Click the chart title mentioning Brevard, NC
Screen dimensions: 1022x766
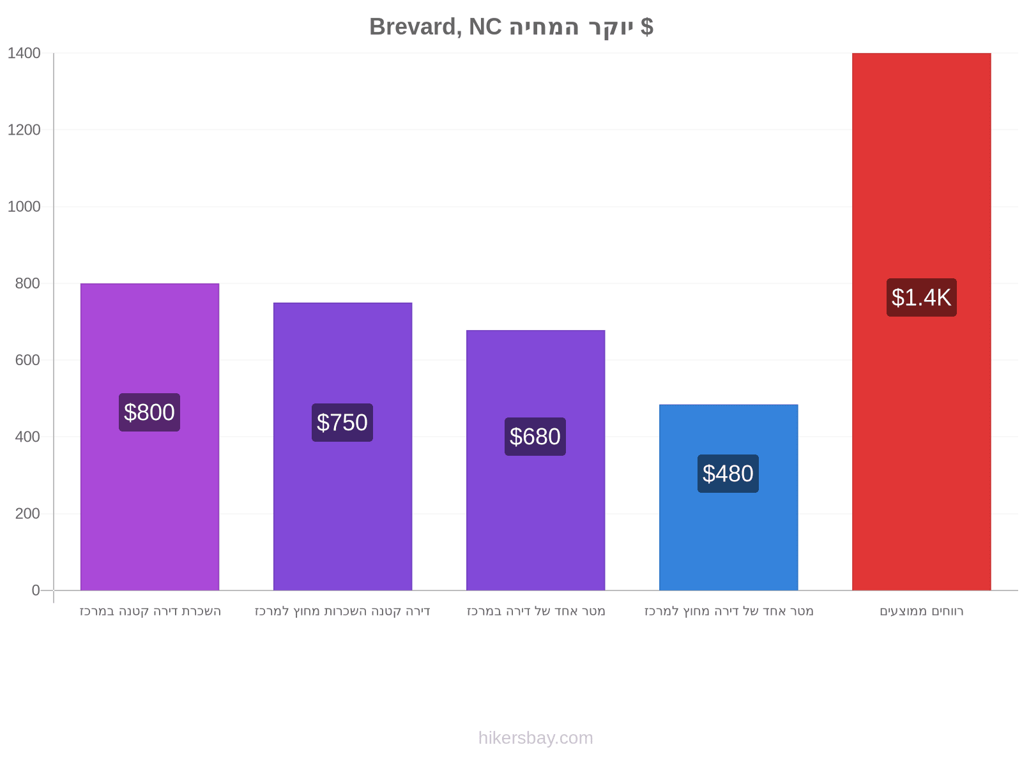pyautogui.click(x=511, y=27)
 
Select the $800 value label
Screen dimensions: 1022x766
pyautogui.click(x=149, y=412)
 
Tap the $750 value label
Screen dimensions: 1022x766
pyautogui.click(x=342, y=423)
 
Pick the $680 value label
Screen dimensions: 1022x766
pyautogui.click(x=535, y=436)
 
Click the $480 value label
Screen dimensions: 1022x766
pyautogui.click(x=728, y=474)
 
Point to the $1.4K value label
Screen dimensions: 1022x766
pyautogui.click(x=921, y=297)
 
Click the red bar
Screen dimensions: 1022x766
pyautogui.click(x=921, y=321)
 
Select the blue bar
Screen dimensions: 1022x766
pyautogui.click(x=728, y=497)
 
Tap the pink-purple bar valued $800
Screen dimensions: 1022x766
pyautogui.click(x=149, y=437)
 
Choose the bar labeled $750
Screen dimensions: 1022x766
pyautogui.click(x=342, y=446)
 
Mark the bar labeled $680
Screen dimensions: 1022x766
pyautogui.click(x=535, y=460)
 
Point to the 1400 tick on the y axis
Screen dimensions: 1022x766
pyautogui.click(x=24, y=53)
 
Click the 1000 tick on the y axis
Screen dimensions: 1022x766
pyautogui.click(x=24, y=206)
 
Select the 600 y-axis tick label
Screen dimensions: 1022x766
pyautogui.click(x=27, y=360)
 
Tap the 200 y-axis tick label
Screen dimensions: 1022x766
pyautogui.click(x=27, y=513)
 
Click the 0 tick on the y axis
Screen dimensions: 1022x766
pyautogui.click(x=35, y=590)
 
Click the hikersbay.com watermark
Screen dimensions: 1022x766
pyautogui.click(x=535, y=738)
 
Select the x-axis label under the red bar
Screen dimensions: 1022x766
pyautogui.click(x=921, y=611)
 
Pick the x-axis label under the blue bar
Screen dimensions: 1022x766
pyautogui.click(x=729, y=611)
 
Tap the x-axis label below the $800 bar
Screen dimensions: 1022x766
pyautogui.click(x=150, y=611)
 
